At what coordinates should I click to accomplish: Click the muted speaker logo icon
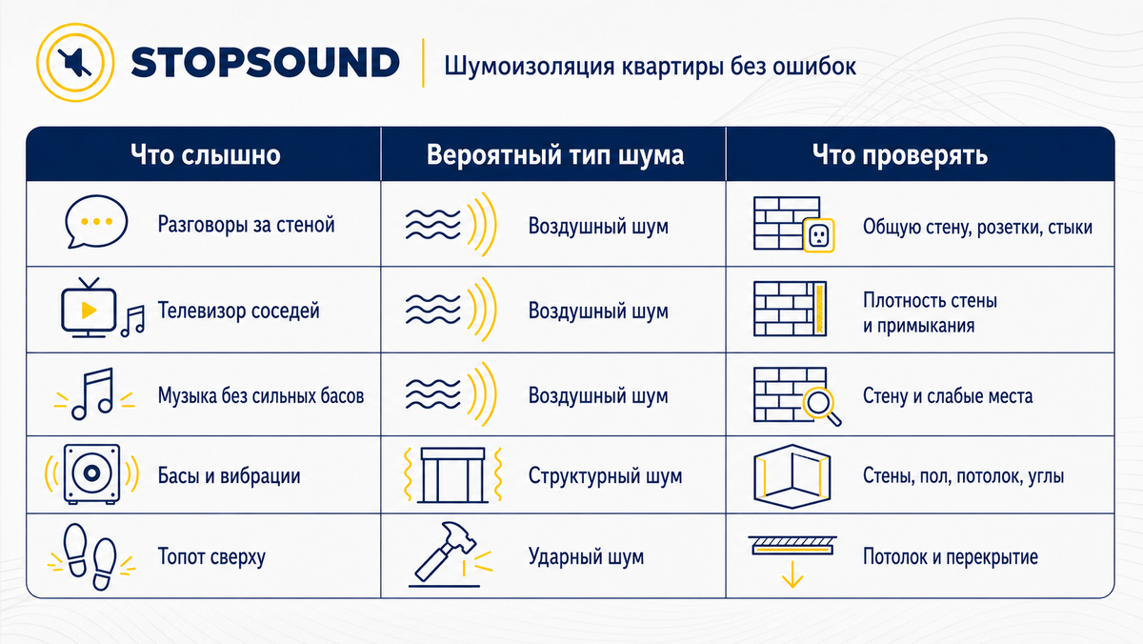(75, 62)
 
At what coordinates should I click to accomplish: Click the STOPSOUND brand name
(266, 63)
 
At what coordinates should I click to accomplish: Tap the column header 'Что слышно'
(205, 154)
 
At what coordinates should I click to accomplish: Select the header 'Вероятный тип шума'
(554, 154)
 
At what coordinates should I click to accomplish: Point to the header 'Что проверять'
(899, 154)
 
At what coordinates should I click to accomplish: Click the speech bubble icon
(96, 221)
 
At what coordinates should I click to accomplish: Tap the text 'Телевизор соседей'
(238, 311)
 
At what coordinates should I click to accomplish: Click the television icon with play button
(89, 308)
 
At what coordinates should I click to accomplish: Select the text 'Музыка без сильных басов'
(261, 395)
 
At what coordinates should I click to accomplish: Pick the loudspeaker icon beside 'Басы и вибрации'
(91, 474)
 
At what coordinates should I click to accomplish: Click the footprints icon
(91, 556)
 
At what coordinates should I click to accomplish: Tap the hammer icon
(444, 553)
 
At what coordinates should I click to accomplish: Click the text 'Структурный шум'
(605, 475)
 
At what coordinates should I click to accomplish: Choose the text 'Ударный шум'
(586, 556)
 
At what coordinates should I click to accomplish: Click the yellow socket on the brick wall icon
(818, 235)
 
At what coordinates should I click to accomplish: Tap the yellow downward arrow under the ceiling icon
(792, 574)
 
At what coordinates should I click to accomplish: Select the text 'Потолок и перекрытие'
(951, 556)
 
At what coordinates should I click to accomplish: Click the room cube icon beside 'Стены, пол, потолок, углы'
(792, 476)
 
